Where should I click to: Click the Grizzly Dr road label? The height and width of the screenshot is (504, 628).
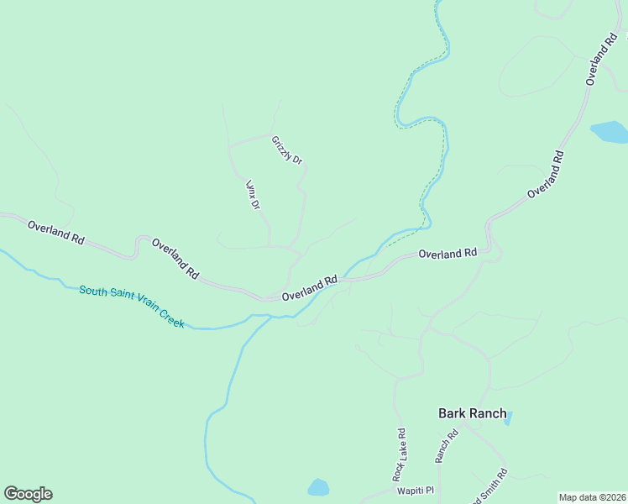point(286,150)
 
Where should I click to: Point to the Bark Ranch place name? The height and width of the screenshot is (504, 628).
point(473,413)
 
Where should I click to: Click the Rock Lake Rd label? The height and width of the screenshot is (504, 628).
point(400,454)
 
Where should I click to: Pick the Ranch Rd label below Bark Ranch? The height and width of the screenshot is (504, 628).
point(446,446)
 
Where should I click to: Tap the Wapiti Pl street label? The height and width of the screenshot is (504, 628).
point(416,491)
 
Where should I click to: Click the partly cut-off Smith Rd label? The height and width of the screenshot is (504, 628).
point(492,486)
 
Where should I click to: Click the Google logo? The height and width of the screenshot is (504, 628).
point(28,494)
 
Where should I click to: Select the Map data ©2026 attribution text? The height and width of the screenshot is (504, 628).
point(592,497)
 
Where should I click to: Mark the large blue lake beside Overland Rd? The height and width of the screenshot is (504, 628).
point(610,132)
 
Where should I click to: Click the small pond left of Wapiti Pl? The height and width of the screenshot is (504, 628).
point(318,487)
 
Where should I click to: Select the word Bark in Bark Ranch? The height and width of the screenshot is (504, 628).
point(453,413)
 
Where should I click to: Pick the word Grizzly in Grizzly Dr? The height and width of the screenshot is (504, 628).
point(282,145)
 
